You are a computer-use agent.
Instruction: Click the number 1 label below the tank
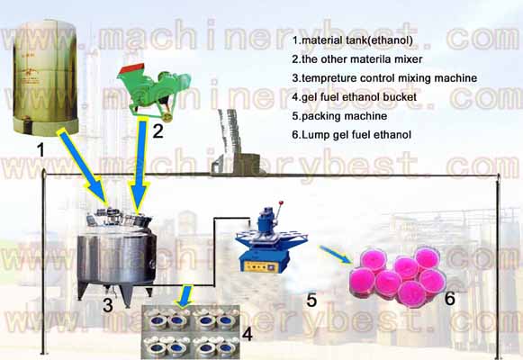coord(39,148)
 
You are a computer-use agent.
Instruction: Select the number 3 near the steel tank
coord(107,305)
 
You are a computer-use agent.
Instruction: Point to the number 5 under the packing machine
coord(311,300)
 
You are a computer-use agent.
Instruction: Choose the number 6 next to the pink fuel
coord(450,298)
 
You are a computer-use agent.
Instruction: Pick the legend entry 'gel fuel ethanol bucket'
coord(362,97)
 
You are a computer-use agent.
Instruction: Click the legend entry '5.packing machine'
coord(338,115)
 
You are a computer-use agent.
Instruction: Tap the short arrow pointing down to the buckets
coord(185,296)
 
